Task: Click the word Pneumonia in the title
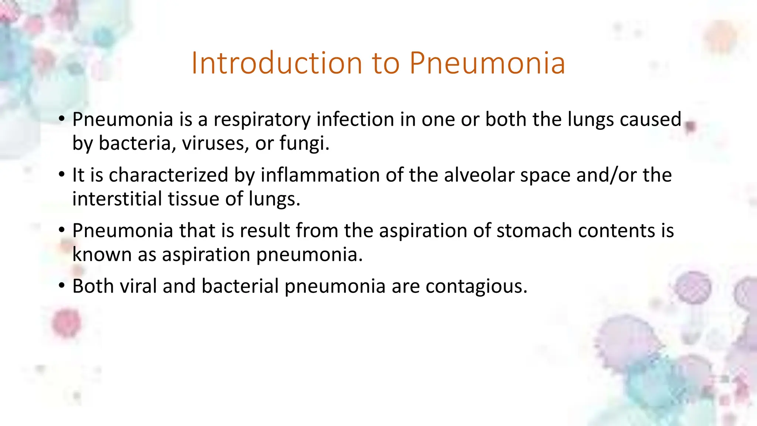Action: click(x=487, y=63)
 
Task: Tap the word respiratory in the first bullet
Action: click(x=262, y=120)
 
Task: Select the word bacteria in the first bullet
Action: click(x=135, y=143)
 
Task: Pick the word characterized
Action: click(x=169, y=175)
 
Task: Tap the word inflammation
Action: click(x=320, y=175)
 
